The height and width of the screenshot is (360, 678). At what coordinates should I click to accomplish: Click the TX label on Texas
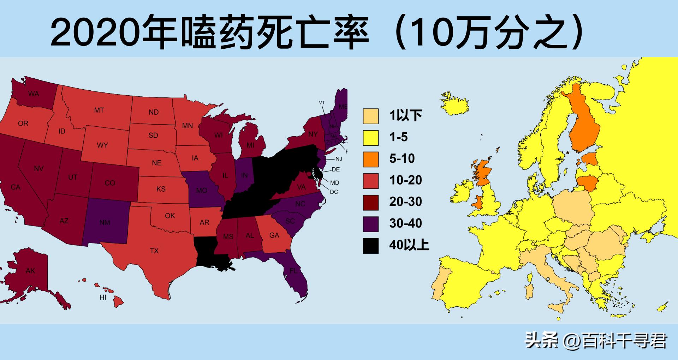pyautogui.click(x=154, y=251)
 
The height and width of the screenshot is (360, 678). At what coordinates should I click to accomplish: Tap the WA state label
pyautogui.click(x=34, y=94)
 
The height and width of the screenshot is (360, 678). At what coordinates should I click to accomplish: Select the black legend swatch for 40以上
pyautogui.click(x=370, y=246)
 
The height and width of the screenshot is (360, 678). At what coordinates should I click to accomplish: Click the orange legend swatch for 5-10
pyautogui.click(x=370, y=159)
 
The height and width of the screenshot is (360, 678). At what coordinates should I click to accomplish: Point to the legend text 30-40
pyautogui.click(x=405, y=223)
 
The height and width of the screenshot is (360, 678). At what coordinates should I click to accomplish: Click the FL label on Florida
pyautogui.click(x=293, y=271)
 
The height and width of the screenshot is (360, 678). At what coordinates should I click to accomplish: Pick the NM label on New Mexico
pyautogui.click(x=105, y=223)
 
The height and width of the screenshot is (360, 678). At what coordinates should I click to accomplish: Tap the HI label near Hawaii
pyautogui.click(x=103, y=298)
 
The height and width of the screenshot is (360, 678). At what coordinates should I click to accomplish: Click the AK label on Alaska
pyautogui.click(x=30, y=271)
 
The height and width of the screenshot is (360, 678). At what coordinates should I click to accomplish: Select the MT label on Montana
pyautogui.click(x=99, y=110)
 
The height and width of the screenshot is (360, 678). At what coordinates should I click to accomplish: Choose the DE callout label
pyautogui.click(x=335, y=170)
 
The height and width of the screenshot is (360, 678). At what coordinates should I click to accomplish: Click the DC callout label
pyautogui.click(x=334, y=192)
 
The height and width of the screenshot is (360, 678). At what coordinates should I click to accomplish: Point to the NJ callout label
pyautogui.click(x=339, y=159)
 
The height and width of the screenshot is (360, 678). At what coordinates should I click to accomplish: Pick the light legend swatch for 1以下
pyautogui.click(x=370, y=116)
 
